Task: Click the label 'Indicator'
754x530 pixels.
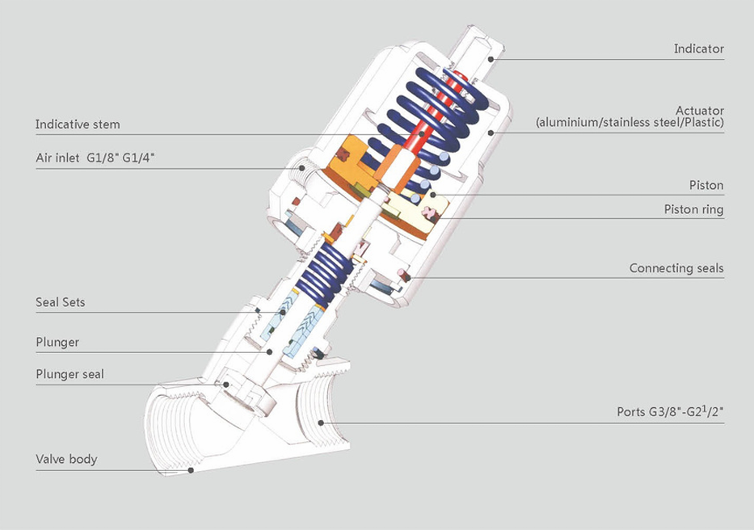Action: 698,48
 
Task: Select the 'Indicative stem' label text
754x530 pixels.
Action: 78,124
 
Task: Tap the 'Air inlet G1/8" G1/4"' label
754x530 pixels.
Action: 95,158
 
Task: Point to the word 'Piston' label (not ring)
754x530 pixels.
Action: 706,185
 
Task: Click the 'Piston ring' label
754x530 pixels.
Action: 693,209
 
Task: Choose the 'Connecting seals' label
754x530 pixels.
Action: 676,268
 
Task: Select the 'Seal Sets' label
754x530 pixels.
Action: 60,302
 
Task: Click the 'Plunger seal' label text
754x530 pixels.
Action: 70,374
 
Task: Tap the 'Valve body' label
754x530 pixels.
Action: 66,459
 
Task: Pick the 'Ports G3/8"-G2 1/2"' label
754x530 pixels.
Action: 670,411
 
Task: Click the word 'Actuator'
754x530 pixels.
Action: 699,110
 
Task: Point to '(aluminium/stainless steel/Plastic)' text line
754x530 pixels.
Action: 630,123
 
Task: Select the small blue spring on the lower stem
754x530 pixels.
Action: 327,271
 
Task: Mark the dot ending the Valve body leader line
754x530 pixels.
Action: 192,469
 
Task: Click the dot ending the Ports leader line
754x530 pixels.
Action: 322,422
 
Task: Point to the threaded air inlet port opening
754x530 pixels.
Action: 301,170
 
